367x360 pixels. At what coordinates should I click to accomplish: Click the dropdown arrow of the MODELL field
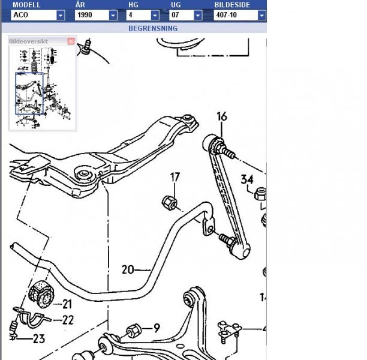pyautogui.click(x=61, y=16)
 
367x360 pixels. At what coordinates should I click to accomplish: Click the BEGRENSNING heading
pyautogui.click(x=152, y=28)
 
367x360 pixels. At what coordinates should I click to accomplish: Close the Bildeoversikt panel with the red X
pyautogui.click(x=71, y=41)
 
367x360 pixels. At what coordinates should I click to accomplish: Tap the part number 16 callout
pyautogui.click(x=222, y=116)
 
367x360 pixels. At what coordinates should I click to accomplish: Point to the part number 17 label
pyautogui.click(x=175, y=177)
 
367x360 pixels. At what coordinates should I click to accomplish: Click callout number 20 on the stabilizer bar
pyautogui.click(x=128, y=269)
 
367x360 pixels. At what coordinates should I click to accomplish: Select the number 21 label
pyautogui.click(x=67, y=304)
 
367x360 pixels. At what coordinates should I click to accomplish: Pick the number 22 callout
pyautogui.click(x=68, y=320)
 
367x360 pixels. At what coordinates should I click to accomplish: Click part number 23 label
pyautogui.click(x=38, y=339)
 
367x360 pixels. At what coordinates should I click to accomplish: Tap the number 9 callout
pyautogui.click(x=157, y=328)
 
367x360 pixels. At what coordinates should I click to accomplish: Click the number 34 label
pyautogui.click(x=247, y=178)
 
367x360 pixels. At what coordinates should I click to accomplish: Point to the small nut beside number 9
pyautogui.click(x=134, y=330)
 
